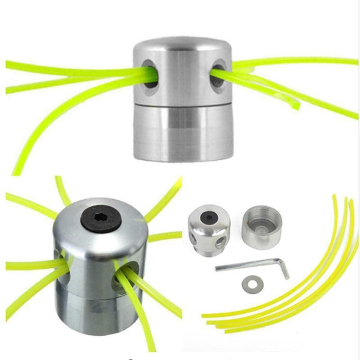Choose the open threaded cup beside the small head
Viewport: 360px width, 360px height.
coord(261,224)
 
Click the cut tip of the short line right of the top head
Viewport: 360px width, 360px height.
coord(297,107)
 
